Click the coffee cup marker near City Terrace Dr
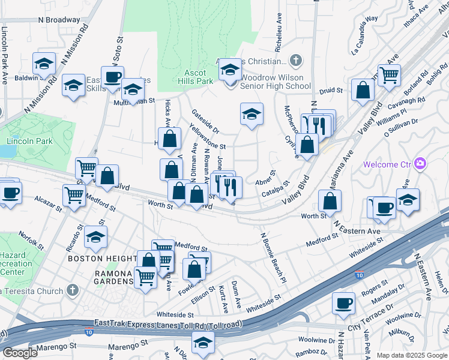(x=344, y=303)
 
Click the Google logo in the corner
(x=20, y=353)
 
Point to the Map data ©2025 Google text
(x=412, y=355)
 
